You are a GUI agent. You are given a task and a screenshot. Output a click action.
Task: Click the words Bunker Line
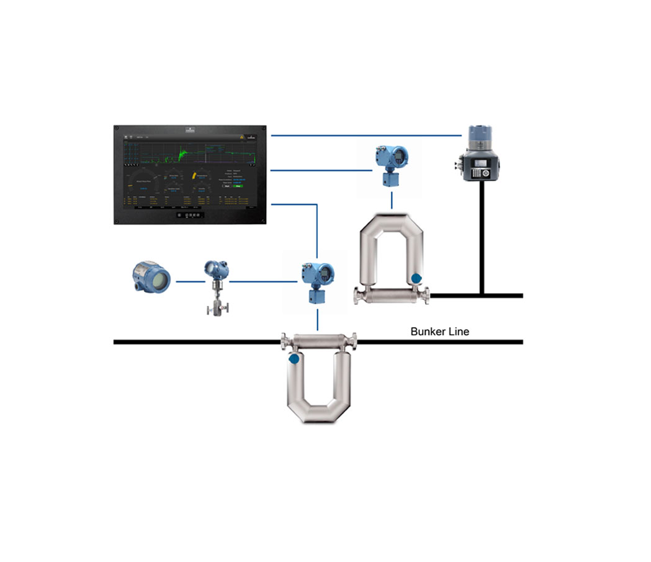[439, 331]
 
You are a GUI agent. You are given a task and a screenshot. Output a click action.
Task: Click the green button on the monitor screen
[237, 185]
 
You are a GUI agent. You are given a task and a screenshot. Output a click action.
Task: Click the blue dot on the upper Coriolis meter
[416, 279]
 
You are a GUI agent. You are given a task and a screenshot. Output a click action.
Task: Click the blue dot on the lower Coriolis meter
[294, 359]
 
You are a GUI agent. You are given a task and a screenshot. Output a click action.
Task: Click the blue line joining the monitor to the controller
[366, 134]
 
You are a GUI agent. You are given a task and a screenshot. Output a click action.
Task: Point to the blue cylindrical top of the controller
[480, 134]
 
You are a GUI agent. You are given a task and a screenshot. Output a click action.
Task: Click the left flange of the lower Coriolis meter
[284, 340]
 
